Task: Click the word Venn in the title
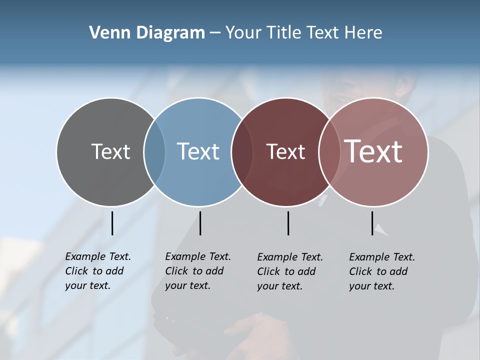[106, 33]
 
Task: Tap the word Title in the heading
[284, 33]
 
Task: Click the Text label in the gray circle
[110, 151]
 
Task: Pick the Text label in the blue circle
[198, 151]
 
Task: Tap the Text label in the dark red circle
[285, 151]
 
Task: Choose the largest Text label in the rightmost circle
[373, 151]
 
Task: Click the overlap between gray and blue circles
[154, 151]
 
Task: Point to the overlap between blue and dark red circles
[242, 151]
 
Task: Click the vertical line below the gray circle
[112, 223]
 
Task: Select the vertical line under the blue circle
[200, 223]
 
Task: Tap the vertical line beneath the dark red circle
[288, 223]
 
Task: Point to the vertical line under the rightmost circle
[372, 223]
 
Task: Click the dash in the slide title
[215, 33]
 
